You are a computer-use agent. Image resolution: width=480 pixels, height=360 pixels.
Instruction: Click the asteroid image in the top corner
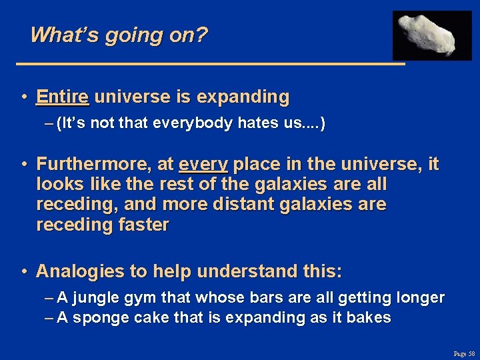[431, 35]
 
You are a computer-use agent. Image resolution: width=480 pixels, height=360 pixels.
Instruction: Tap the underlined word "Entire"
[63, 97]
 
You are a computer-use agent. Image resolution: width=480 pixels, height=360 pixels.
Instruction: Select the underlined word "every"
[203, 164]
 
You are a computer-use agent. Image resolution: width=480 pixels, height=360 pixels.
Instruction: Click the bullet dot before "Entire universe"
[23, 97]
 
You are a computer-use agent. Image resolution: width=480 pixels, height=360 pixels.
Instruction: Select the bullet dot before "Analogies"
[23, 271]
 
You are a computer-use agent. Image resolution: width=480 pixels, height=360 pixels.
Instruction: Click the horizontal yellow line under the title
[210, 63]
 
